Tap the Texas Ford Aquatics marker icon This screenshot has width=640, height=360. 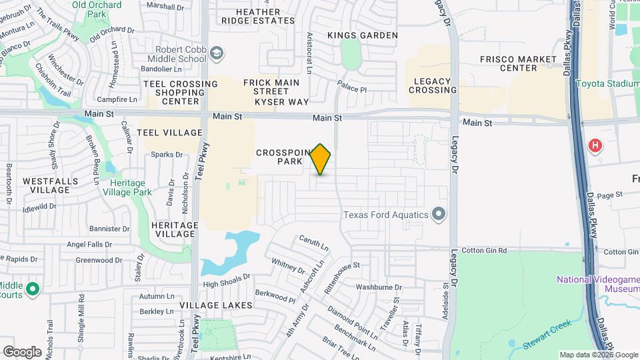[x=438, y=214]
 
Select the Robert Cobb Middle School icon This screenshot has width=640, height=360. [x=216, y=53]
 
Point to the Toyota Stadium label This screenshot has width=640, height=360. [x=607, y=84]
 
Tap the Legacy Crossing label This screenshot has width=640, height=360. [x=435, y=85]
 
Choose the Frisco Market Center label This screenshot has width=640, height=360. [x=509, y=63]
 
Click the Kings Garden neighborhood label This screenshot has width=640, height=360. [x=363, y=35]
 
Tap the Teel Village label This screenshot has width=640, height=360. [x=169, y=133]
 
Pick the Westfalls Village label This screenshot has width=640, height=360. [x=50, y=185]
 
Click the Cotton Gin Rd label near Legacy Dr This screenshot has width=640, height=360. [x=484, y=251]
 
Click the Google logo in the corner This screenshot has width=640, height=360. [x=23, y=351]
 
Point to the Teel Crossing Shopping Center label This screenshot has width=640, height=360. [x=180, y=93]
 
